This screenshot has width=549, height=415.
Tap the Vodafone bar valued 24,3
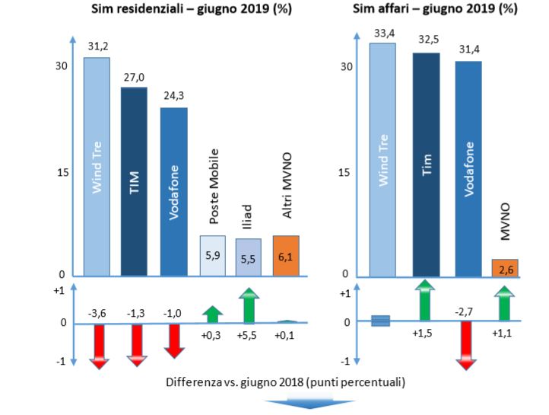[173, 191]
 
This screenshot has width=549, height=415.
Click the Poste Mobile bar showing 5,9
[213, 256]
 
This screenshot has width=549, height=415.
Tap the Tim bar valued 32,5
[426, 164]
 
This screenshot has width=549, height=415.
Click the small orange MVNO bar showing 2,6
[505, 268]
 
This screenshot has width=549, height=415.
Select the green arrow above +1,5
[426, 301]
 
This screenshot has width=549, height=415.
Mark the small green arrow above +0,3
[213, 314]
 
